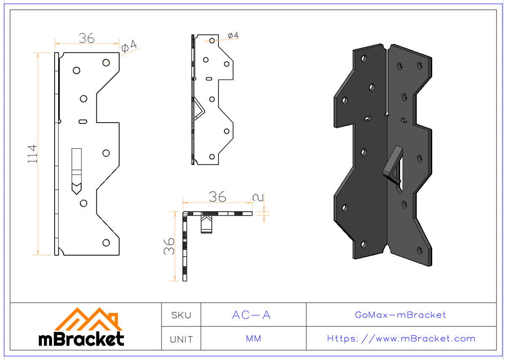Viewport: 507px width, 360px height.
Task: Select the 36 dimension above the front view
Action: pos(86,38)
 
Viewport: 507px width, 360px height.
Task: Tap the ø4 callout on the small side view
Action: pos(233,36)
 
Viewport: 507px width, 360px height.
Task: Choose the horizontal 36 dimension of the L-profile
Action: pos(217,197)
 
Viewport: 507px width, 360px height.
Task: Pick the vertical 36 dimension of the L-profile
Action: pos(169,245)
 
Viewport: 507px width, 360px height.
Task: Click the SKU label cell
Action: pos(181,315)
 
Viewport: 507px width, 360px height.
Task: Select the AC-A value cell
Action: pos(251,315)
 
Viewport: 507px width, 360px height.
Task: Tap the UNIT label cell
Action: pos(181,339)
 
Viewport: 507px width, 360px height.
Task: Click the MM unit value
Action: pos(253,339)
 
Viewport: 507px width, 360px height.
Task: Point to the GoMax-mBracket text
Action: pos(401,315)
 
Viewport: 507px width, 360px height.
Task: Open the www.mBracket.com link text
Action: pos(401,339)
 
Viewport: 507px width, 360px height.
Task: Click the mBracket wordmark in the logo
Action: pos(81,339)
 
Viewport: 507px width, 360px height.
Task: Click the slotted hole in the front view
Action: pos(83,122)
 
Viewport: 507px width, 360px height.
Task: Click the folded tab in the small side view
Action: pos(199,109)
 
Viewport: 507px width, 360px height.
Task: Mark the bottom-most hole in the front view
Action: pos(106,243)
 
